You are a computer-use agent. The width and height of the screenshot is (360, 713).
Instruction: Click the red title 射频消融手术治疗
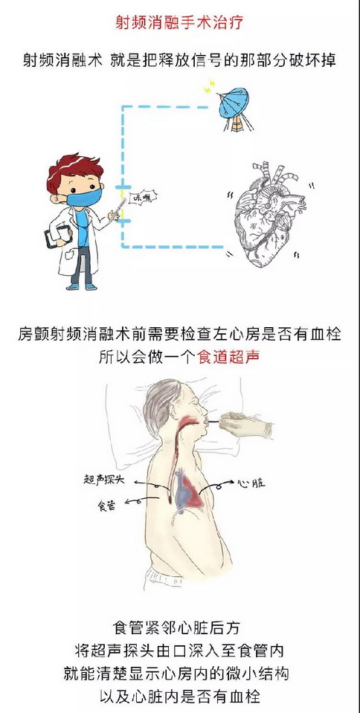[x=179, y=23]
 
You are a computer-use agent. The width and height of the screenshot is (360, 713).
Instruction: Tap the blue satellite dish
[x=234, y=103]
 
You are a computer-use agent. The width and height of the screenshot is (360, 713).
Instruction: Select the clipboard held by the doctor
[x=58, y=236]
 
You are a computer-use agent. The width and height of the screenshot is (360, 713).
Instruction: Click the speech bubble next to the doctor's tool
[x=142, y=197]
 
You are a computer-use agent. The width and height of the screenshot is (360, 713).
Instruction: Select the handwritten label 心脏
[x=251, y=483]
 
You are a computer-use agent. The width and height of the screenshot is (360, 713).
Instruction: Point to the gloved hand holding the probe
[x=245, y=425]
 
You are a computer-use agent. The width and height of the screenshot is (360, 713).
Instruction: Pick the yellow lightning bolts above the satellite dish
[x=209, y=86]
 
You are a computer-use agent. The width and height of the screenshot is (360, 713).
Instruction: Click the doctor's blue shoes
[x=82, y=286]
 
